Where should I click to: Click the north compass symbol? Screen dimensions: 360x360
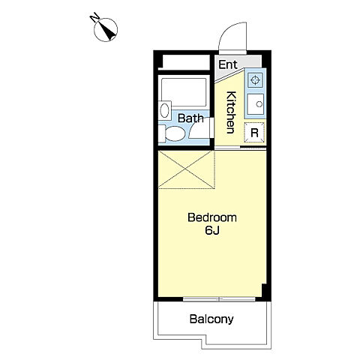coord(106,30)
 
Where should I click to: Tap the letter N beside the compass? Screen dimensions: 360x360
coord(94,18)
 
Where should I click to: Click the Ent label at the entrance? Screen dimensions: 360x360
coord(228,64)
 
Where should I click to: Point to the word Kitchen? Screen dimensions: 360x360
coord(231,112)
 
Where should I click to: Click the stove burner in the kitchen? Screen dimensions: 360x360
coord(255,80)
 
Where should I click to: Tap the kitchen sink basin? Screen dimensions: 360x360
coord(256,104)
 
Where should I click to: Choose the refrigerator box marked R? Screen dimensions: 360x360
coord(254,133)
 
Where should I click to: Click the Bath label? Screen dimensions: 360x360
coord(190,118)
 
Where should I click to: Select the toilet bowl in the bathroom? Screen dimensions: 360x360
coord(175,133)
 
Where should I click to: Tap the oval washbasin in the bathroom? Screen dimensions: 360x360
coord(164,110)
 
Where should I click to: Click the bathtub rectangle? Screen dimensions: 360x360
coord(184,92)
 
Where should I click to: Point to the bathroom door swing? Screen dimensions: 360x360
coord(199,128)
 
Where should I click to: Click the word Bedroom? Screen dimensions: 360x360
coord(212,217)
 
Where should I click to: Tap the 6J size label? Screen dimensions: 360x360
coord(212,230)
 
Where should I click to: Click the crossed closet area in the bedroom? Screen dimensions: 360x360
coord(187,169)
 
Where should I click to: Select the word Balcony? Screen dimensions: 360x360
coord(211,319)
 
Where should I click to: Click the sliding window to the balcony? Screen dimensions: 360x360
coord(219,299)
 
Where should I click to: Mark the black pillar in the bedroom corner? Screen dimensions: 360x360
coord(265,291)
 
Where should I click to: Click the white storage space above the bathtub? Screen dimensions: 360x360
coord(186,62)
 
